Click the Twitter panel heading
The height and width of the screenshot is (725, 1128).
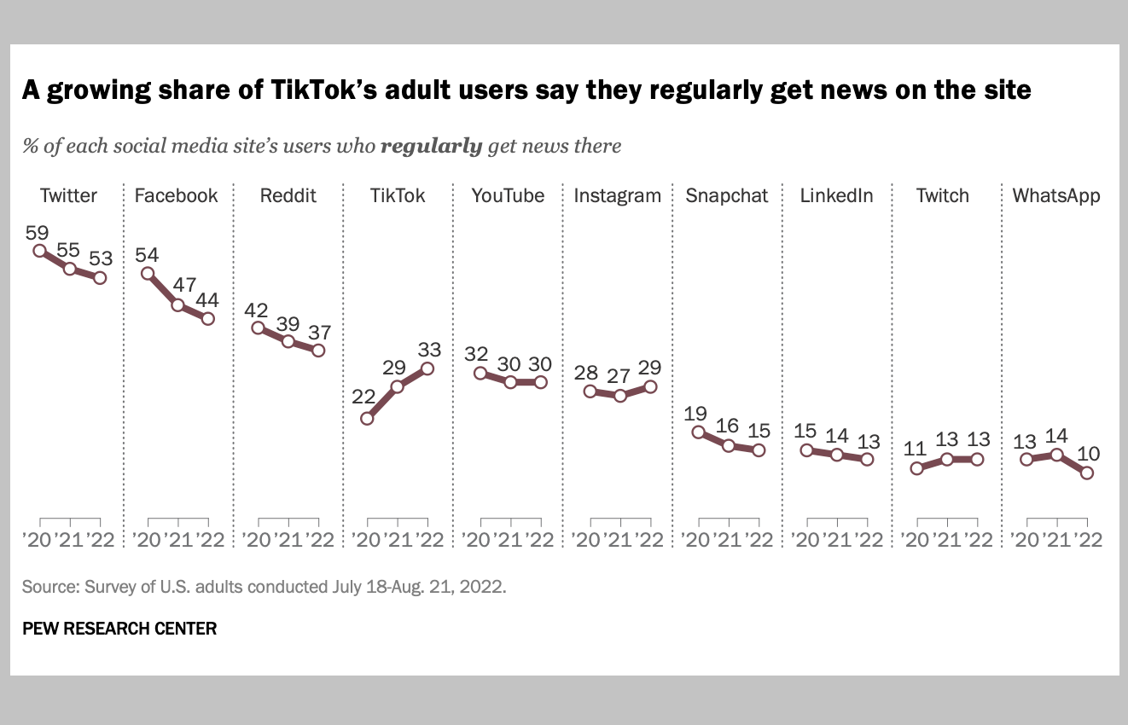(68, 195)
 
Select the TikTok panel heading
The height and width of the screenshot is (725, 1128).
(397, 195)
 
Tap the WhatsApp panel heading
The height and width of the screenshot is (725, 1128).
(1056, 195)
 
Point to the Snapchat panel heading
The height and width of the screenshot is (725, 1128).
(727, 195)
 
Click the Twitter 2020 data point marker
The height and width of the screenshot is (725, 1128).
(39, 251)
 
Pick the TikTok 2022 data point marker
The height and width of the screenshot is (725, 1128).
(427, 368)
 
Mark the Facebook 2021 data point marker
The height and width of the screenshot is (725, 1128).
(177, 304)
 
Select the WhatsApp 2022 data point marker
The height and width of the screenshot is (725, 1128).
(1087, 473)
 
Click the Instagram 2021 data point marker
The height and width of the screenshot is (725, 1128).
(620, 396)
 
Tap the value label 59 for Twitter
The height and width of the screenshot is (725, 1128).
(38, 230)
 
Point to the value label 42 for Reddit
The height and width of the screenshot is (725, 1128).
(257, 309)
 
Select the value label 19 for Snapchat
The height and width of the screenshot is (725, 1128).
(696, 413)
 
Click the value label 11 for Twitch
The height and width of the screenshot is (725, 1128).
(916, 448)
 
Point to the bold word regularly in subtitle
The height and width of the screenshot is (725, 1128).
(431, 146)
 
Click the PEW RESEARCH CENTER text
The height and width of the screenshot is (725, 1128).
(119, 629)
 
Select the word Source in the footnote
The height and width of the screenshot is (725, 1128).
(48, 587)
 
